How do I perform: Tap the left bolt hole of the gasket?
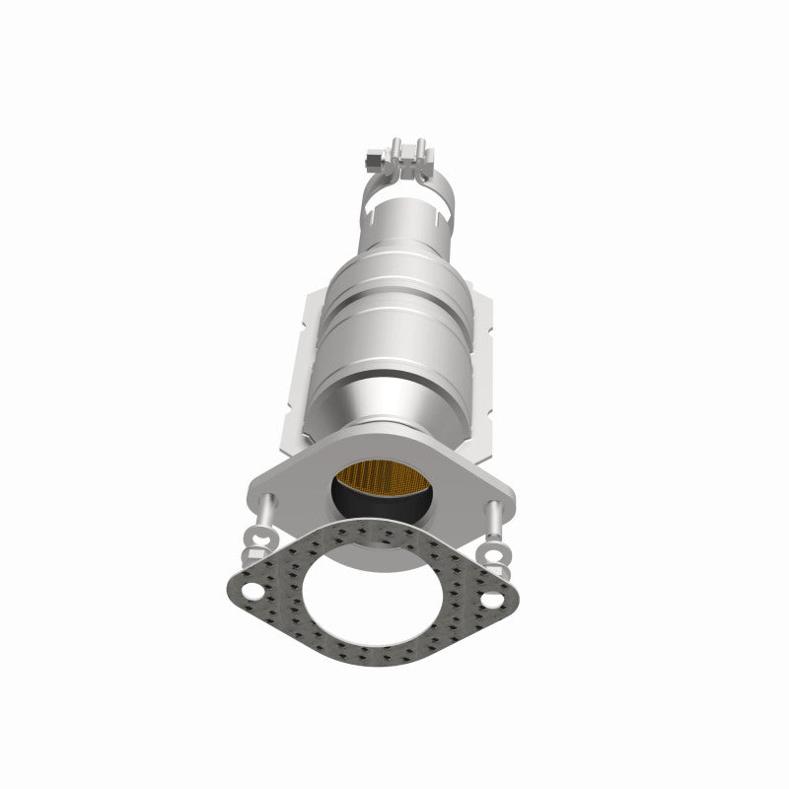click(253, 594)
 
